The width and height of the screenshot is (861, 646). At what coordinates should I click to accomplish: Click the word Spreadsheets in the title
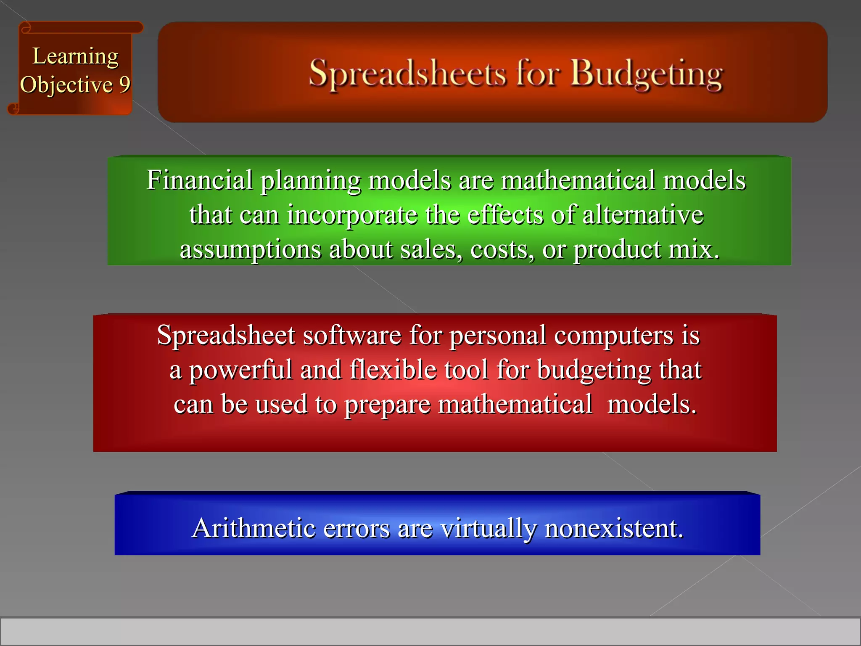click(x=407, y=74)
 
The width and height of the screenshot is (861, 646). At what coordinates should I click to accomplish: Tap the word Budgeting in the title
click(x=646, y=74)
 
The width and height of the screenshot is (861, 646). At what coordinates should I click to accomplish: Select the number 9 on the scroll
click(x=124, y=85)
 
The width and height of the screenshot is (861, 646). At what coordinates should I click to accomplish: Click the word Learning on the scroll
click(x=76, y=56)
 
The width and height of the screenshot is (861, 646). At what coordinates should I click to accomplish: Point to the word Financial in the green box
click(x=199, y=180)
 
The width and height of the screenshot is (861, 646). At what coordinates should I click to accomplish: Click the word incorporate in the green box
click(x=352, y=215)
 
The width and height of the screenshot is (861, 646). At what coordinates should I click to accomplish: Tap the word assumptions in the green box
click(x=251, y=249)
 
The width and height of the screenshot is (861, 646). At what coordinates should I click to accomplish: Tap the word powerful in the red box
click(x=240, y=370)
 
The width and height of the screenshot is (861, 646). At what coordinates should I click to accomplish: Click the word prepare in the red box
click(x=388, y=405)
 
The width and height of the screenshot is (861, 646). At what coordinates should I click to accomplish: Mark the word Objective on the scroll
click(x=66, y=85)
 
